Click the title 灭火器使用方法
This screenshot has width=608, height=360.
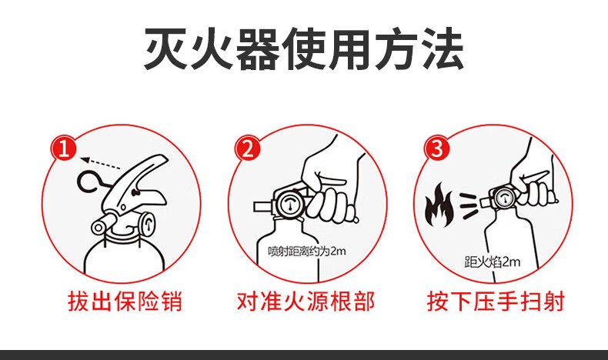pos(303,48)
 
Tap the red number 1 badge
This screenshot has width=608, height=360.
pos(65,148)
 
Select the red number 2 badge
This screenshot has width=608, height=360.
pos(248,148)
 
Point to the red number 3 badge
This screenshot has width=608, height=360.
pos(437,148)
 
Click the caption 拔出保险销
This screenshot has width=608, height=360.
pos(125,301)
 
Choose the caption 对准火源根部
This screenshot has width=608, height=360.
pos(306,301)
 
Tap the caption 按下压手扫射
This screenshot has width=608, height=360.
pos(496,301)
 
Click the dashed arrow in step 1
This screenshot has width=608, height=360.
pos(101,163)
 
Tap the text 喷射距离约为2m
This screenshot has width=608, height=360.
pos(307,251)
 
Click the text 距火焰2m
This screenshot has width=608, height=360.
pos(493,262)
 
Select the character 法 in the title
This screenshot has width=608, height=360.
pos(442,48)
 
